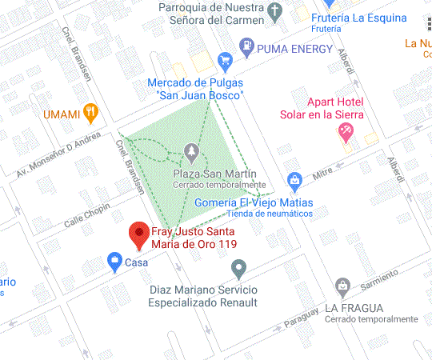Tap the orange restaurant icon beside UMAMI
[x=91, y=114]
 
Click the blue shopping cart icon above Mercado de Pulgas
[x=225, y=60]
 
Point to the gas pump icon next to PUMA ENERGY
[x=247, y=48]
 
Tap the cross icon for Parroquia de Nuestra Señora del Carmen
[x=275, y=12]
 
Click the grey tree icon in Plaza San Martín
[x=190, y=150]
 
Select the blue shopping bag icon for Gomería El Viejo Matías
[x=294, y=180]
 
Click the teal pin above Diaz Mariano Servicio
[x=238, y=268]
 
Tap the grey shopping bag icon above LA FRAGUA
[x=343, y=286]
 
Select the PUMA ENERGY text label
[x=294, y=49]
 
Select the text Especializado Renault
[x=202, y=303]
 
